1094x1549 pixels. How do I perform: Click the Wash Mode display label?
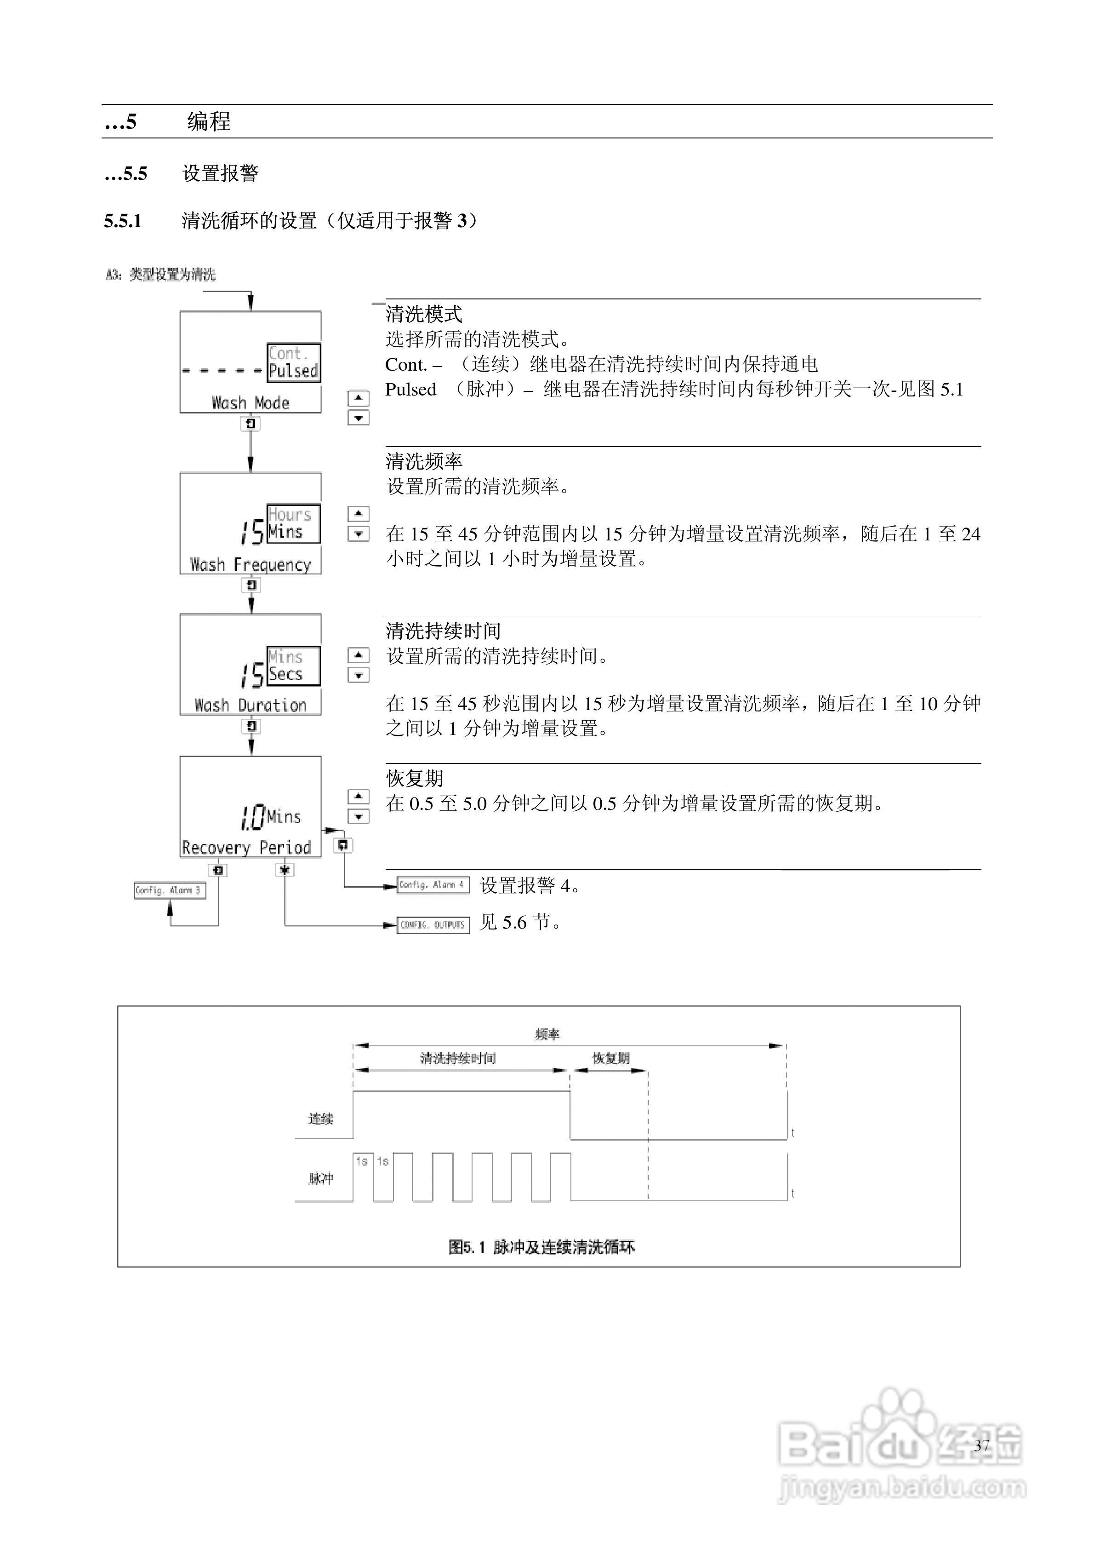[x=250, y=403]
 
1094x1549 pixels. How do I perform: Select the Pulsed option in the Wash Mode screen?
[x=293, y=370]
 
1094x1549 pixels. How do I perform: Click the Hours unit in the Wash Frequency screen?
[x=289, y=515]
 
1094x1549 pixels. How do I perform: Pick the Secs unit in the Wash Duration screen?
[x=285, y=674]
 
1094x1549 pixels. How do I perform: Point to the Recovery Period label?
[x=246, y=847]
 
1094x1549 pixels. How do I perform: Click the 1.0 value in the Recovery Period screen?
[x=251, y=818]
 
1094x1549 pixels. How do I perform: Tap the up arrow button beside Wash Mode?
[x=358, y=398]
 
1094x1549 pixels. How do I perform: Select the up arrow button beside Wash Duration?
[x=358, y=654]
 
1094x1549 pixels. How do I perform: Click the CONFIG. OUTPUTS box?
[x=433, y=925]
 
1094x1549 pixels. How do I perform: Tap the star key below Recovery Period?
[x=285, y=870]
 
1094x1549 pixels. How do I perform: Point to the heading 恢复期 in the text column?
[x=414, y=779]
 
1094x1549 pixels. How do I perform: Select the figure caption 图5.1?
[x=541, y=1247]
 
